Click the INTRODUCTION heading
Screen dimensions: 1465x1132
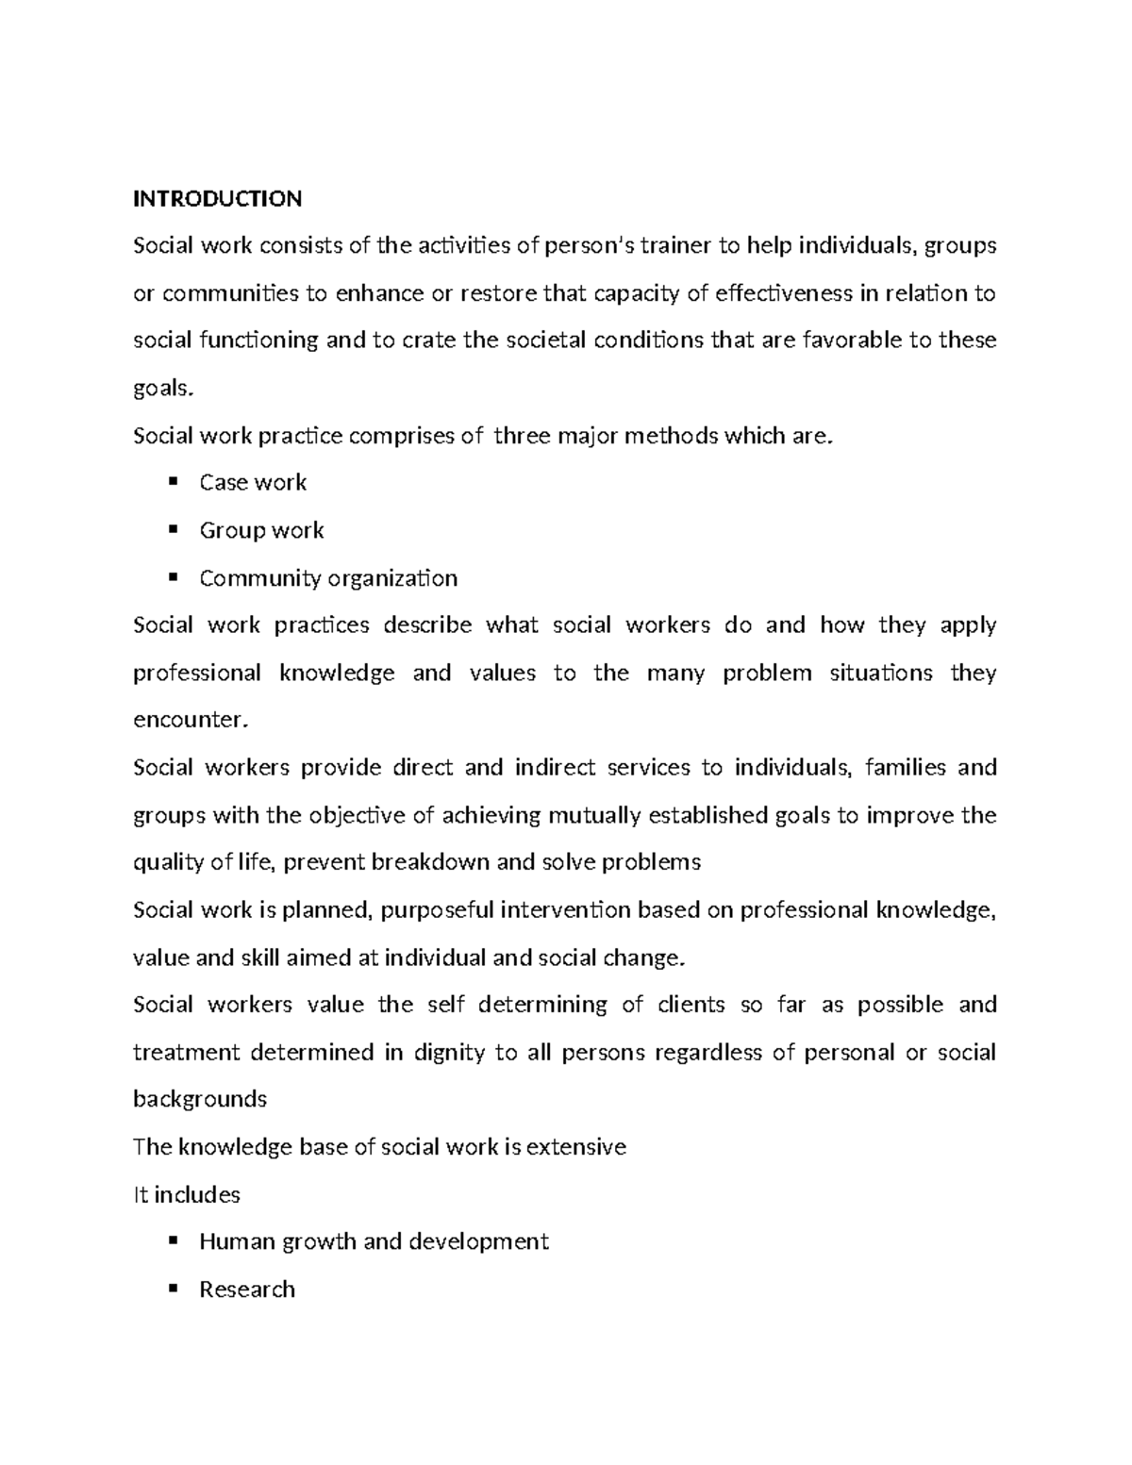[217, 199]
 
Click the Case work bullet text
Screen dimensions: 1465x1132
[253, 483]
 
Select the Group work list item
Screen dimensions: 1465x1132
[261, 530]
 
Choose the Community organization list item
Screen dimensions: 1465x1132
[328, 578]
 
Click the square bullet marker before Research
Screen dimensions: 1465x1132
[172, 1289]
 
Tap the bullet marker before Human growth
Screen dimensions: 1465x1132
[172, 1241]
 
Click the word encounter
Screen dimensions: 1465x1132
[191, 721]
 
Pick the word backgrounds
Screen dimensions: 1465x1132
[200, 1100]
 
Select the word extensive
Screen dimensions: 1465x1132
[575, 1147]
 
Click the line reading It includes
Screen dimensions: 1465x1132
[187, 1195]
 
